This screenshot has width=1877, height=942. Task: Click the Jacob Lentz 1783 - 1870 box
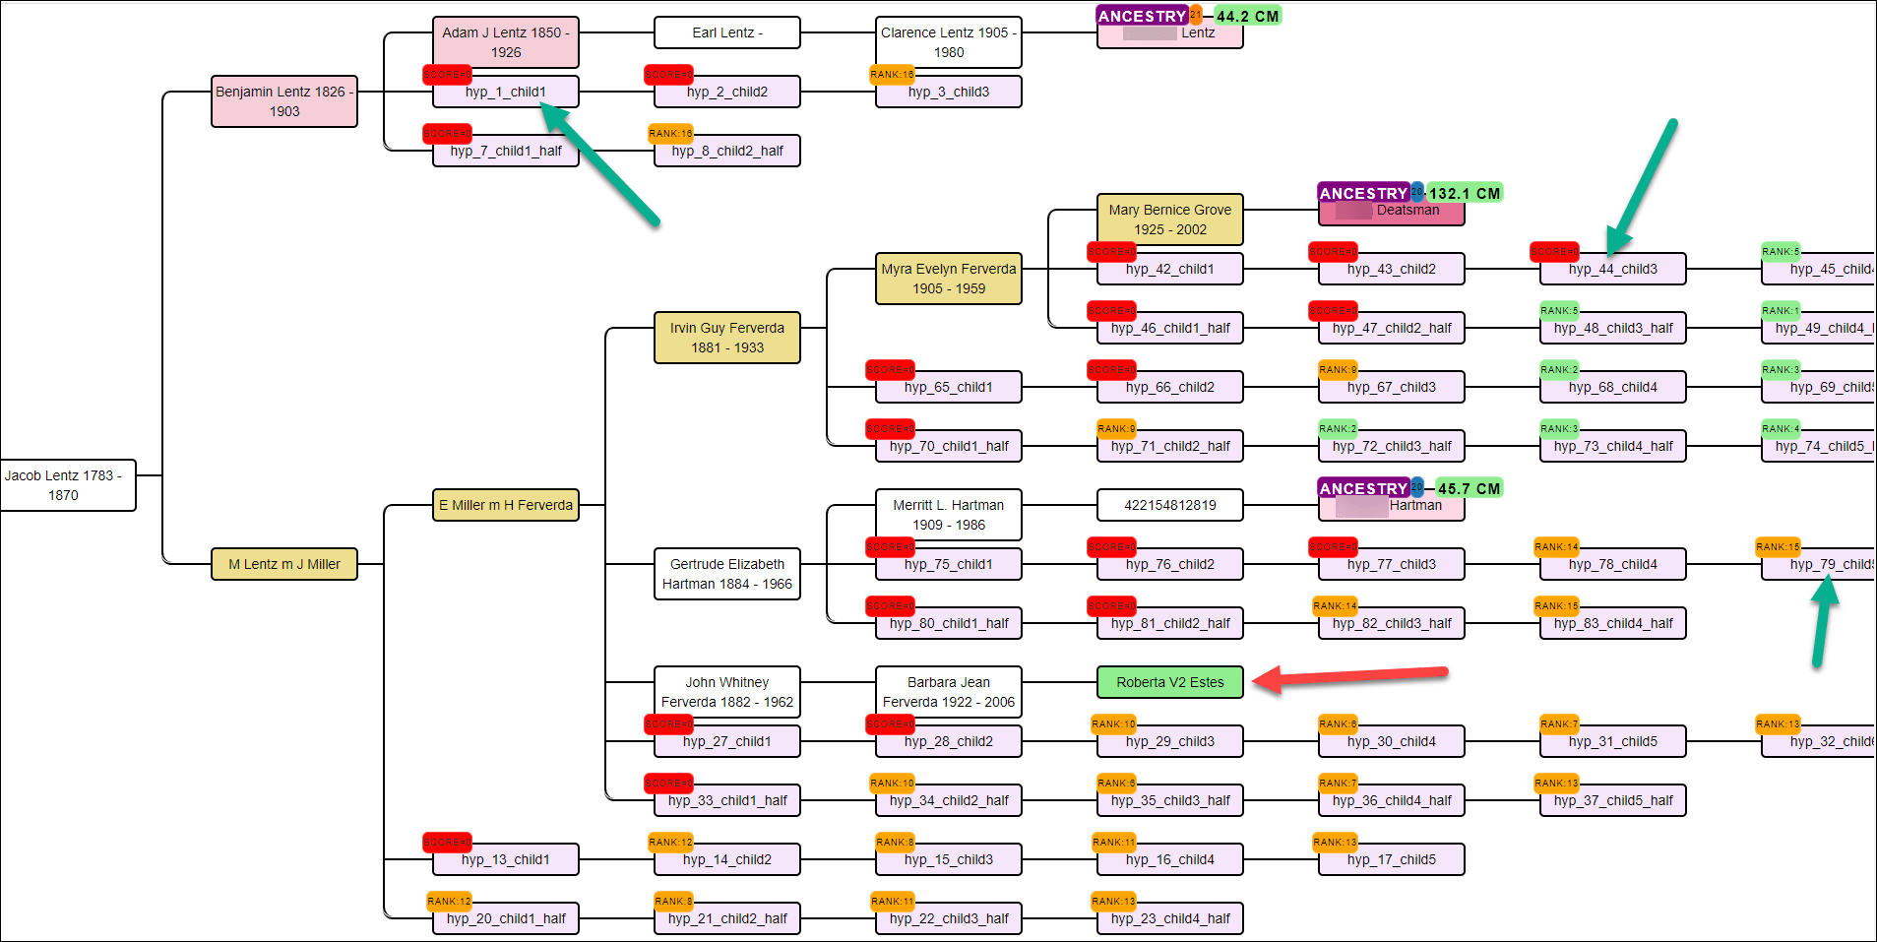tap(64, 485)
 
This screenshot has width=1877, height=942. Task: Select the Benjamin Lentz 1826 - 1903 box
tap(284, 101)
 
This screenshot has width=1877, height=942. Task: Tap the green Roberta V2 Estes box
tap(1169, 682)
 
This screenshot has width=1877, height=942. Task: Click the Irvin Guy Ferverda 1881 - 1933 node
tap(727, 338)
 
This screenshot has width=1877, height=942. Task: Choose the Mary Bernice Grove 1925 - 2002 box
tap(1169, 220)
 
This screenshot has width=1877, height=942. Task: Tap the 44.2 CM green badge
tap(1247, 16)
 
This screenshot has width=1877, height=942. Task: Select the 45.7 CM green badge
tap(1469, 488)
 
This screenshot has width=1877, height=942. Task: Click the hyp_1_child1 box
tap(506, 93)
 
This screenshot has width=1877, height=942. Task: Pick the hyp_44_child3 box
tap(1612, 270)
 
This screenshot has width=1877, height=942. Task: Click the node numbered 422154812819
tap(1169, 505)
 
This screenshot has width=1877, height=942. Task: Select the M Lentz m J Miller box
tap(284, 564)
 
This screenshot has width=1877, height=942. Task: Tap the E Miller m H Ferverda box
tap(506, 505)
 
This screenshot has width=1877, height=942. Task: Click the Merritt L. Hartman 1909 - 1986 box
tap(949, 515)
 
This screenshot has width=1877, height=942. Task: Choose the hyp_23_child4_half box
tap(1169, 919)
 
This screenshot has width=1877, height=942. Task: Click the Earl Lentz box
tap(727, 32)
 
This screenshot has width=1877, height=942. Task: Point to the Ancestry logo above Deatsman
tap(1363, 193)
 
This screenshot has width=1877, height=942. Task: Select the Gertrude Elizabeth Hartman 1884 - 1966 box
tap(727, 574)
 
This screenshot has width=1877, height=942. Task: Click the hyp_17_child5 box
tap(1391, 860)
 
